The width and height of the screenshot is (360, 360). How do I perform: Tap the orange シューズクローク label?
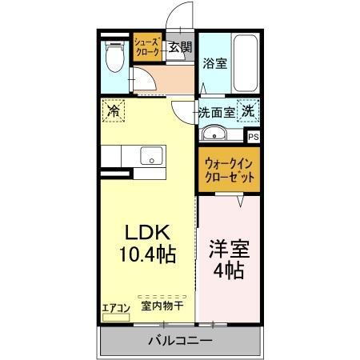tap(148, 46)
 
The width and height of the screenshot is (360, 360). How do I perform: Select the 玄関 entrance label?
tap(180, 47)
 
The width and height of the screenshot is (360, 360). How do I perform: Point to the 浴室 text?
tap(214, 63)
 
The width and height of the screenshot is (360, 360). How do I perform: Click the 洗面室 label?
tap(217, 113)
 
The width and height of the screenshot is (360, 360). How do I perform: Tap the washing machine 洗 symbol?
tap(249, 113)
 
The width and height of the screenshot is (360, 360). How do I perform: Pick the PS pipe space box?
tap(254, 137)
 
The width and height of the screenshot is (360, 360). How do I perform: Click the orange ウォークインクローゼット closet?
tap(230, 168)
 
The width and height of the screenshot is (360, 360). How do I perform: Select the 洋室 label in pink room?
tap(230, 248)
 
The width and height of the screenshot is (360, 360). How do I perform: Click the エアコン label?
tap(116, 306)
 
